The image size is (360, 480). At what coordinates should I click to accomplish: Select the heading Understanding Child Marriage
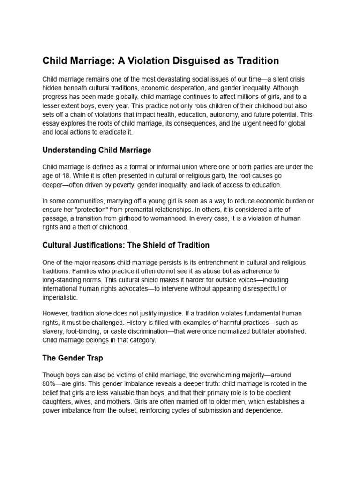click(x=97, y=150)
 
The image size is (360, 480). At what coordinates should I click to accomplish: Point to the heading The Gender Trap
click(x=73, y=358)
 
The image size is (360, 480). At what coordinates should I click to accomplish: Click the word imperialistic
click(x=60, y=297)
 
